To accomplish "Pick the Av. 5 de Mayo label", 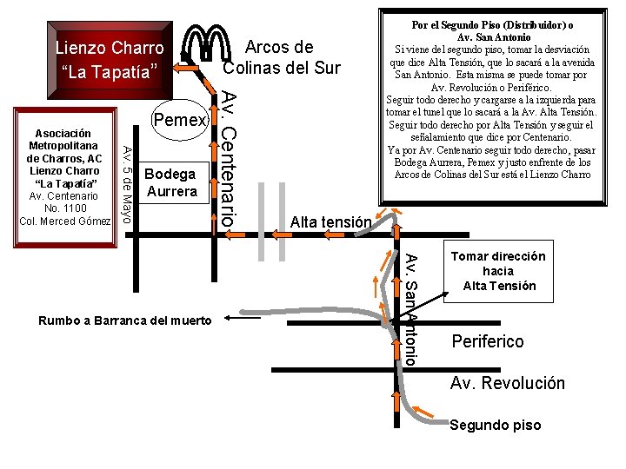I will pyautogui.click(x=126, y=184).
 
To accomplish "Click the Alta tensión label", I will pyautogui.click(x=330, y=222).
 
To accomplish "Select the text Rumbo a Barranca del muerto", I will pyautogui.click(x=125, y=321).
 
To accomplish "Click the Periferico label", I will pyautogui.click(x=488, y=341).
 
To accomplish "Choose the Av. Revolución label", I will pyautogui.click(x=507, y=383).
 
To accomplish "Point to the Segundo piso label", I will pyautogui.click(x=495, y=425).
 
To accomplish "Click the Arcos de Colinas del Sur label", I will pyautogui.click(x=282, y=56).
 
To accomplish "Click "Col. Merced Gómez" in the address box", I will pyautogui.click(x=65, y=221).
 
